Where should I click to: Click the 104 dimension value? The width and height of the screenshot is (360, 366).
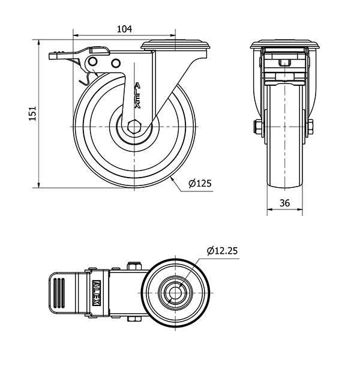(x=124, y=29)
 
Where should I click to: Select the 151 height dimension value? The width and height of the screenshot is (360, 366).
(x=32, y=113)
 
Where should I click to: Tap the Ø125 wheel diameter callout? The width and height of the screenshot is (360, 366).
(x=200, y=184)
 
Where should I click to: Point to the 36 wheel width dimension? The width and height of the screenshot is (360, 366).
(x=284, y=203)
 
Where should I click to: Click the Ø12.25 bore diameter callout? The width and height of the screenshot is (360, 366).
(x=222, y=251)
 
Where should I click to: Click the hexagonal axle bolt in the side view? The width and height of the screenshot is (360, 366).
(x=134, y=127)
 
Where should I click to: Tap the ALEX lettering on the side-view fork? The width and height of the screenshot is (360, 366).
(x=138, y=95)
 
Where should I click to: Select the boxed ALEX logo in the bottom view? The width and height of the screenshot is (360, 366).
(x=97, y=293)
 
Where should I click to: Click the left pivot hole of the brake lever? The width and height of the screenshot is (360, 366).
(x=92, y=62)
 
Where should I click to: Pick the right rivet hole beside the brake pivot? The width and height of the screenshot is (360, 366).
(x=116, y=63)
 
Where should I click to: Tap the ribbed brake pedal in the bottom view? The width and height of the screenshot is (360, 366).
(x=62, y=293)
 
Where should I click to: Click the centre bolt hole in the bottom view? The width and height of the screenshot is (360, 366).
(x=175, y=293)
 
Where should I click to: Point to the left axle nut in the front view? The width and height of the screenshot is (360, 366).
(x=258, y=127)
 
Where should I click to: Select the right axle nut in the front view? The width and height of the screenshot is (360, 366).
(x=310, y=127)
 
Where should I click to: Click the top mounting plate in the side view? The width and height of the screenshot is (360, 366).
(x=175, y=45)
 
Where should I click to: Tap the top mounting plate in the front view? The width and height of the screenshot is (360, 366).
(x=284, y=44)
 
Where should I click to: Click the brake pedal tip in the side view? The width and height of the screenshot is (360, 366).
(x=53, y=56)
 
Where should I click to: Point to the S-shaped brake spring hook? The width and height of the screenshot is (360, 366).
(x=85, y=79)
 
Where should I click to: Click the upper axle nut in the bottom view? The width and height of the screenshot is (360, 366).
(x=134, y=266)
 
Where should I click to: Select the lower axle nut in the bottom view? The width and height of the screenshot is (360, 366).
(x=134, y=319)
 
